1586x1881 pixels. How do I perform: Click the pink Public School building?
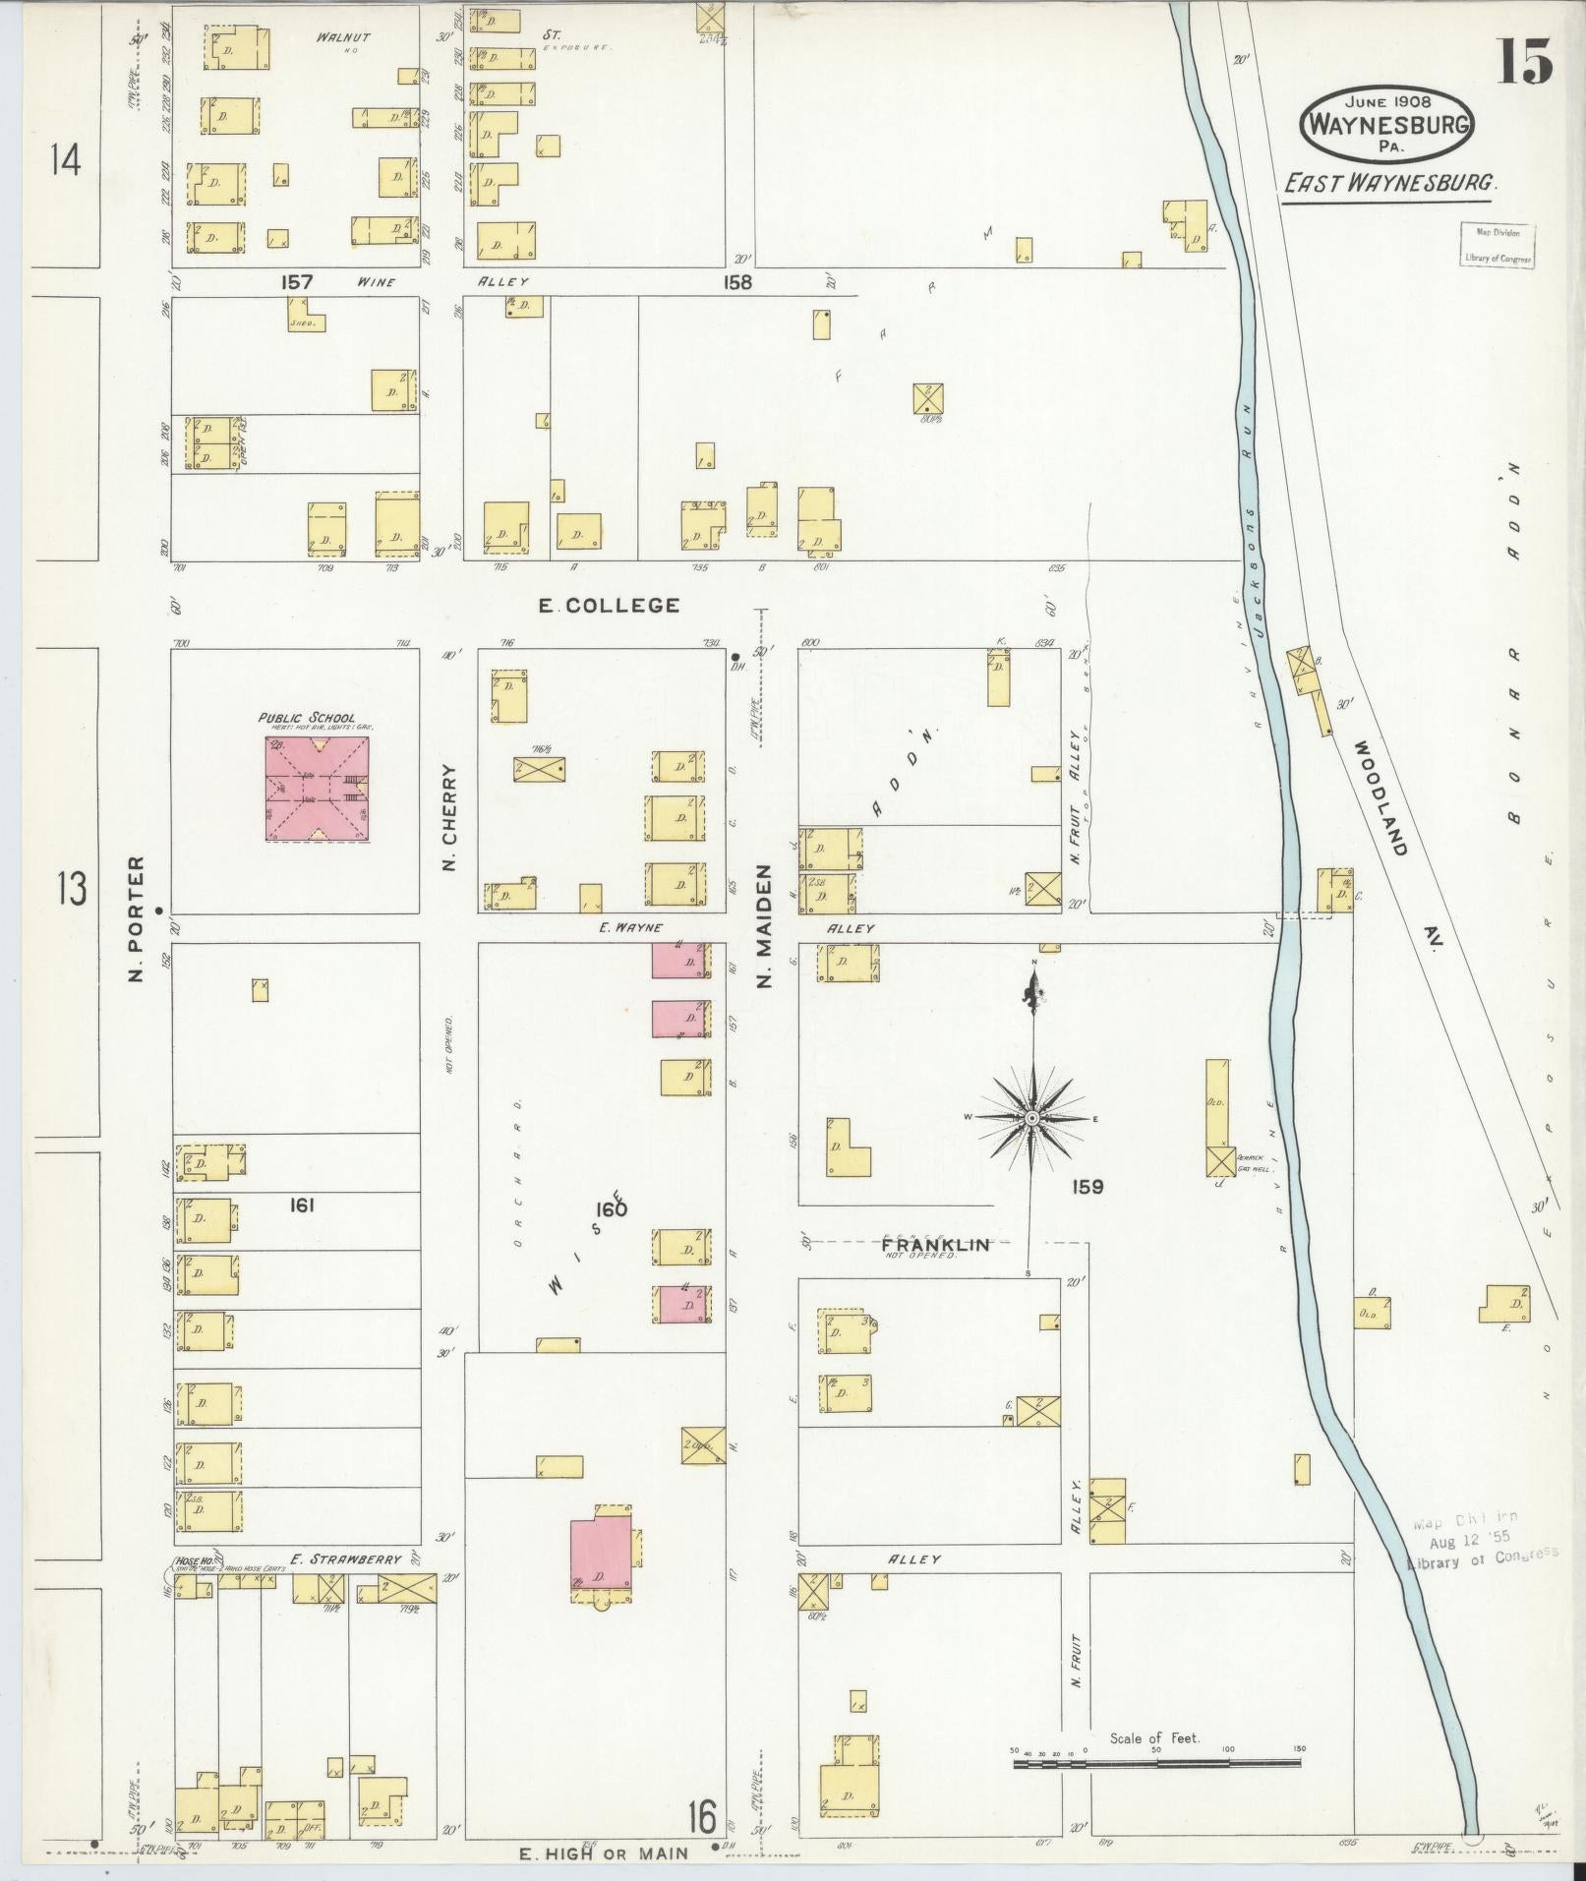pos(317,790)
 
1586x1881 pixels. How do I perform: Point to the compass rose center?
pos(1032,1119)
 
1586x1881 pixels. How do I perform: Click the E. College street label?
pos(609,606)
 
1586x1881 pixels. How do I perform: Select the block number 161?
pos(301,1205)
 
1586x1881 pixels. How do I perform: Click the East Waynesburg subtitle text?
pos(1388,183)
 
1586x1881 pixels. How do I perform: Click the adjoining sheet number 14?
pos(66,159)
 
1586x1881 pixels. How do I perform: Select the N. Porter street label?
pos(136,917)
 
